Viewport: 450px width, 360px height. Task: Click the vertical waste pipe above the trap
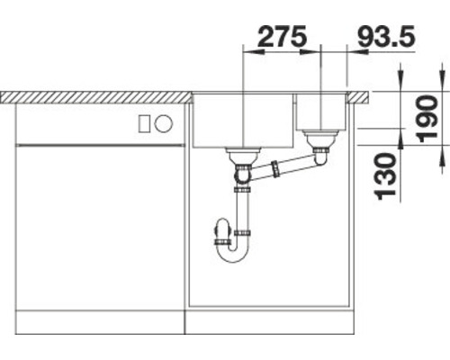click(x=242, y=211)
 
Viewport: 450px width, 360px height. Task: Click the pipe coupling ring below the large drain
click(x=242, y=189)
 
